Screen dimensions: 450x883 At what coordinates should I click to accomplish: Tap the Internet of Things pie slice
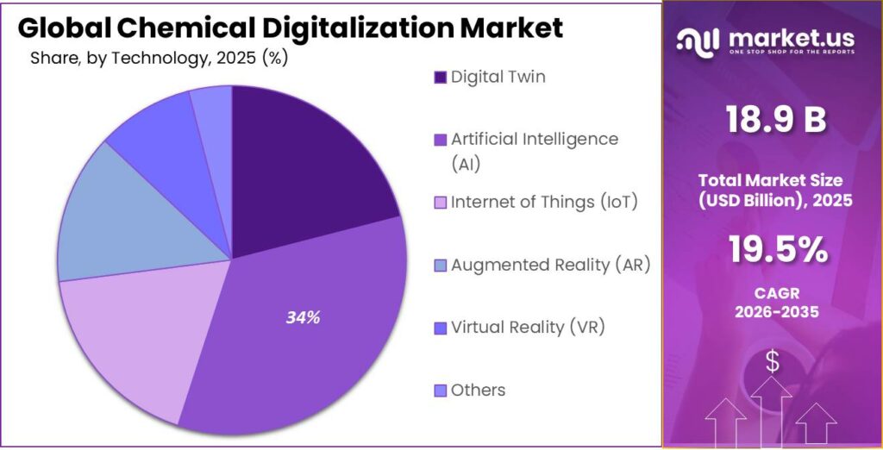tap(121, 345)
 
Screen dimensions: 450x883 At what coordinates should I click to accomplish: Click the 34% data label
tap(303, 317)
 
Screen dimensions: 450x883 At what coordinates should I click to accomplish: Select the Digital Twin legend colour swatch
tap(440, 78)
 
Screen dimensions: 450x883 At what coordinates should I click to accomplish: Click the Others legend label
tap(478, 390)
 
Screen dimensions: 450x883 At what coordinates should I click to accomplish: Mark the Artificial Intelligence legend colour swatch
tap(440, 140)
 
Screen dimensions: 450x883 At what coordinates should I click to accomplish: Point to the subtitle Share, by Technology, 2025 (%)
tap(159, 59)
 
